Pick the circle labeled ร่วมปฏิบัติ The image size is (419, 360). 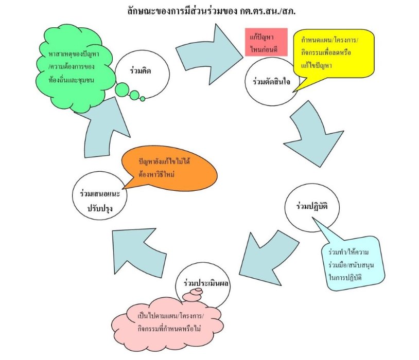click(311, 206)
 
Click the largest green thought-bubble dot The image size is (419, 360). click(123, 90)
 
